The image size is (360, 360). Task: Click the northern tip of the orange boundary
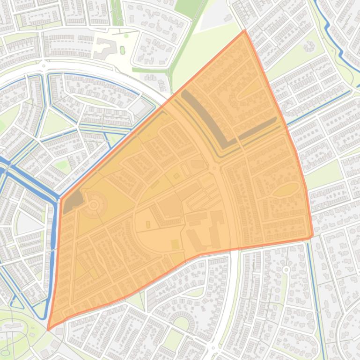coord(244,31)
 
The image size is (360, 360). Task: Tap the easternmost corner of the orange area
coord(312,236)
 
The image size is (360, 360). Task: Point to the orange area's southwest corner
coord(48,329)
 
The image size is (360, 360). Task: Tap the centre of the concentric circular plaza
coord(94,205)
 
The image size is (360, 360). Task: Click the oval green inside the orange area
coord(286,189)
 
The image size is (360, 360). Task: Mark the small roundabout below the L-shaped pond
coord(214,167)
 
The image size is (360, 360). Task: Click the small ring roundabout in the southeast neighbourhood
coord(286,270)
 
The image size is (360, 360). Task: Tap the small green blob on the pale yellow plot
coord(123,50)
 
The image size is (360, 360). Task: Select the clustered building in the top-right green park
coord(309,47)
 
